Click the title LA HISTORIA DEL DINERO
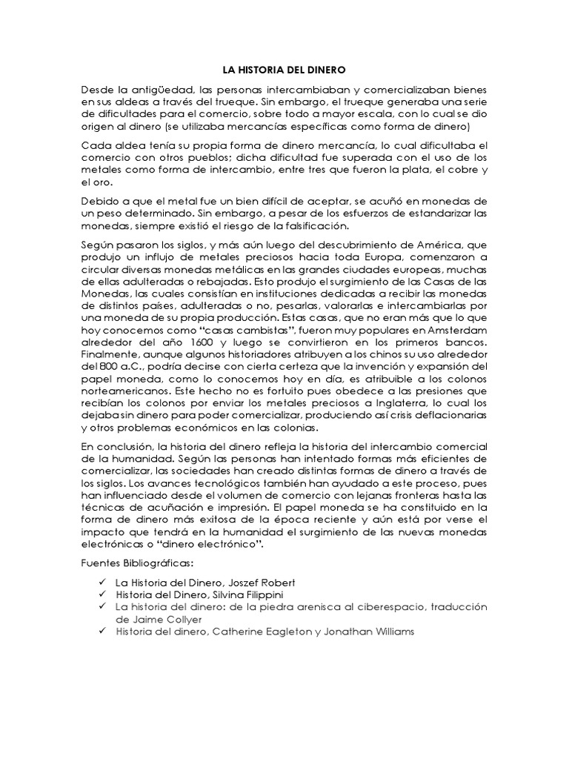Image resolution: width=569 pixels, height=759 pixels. [x=284, y=70]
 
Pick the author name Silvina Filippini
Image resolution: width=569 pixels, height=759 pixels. [x=235, y=594]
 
